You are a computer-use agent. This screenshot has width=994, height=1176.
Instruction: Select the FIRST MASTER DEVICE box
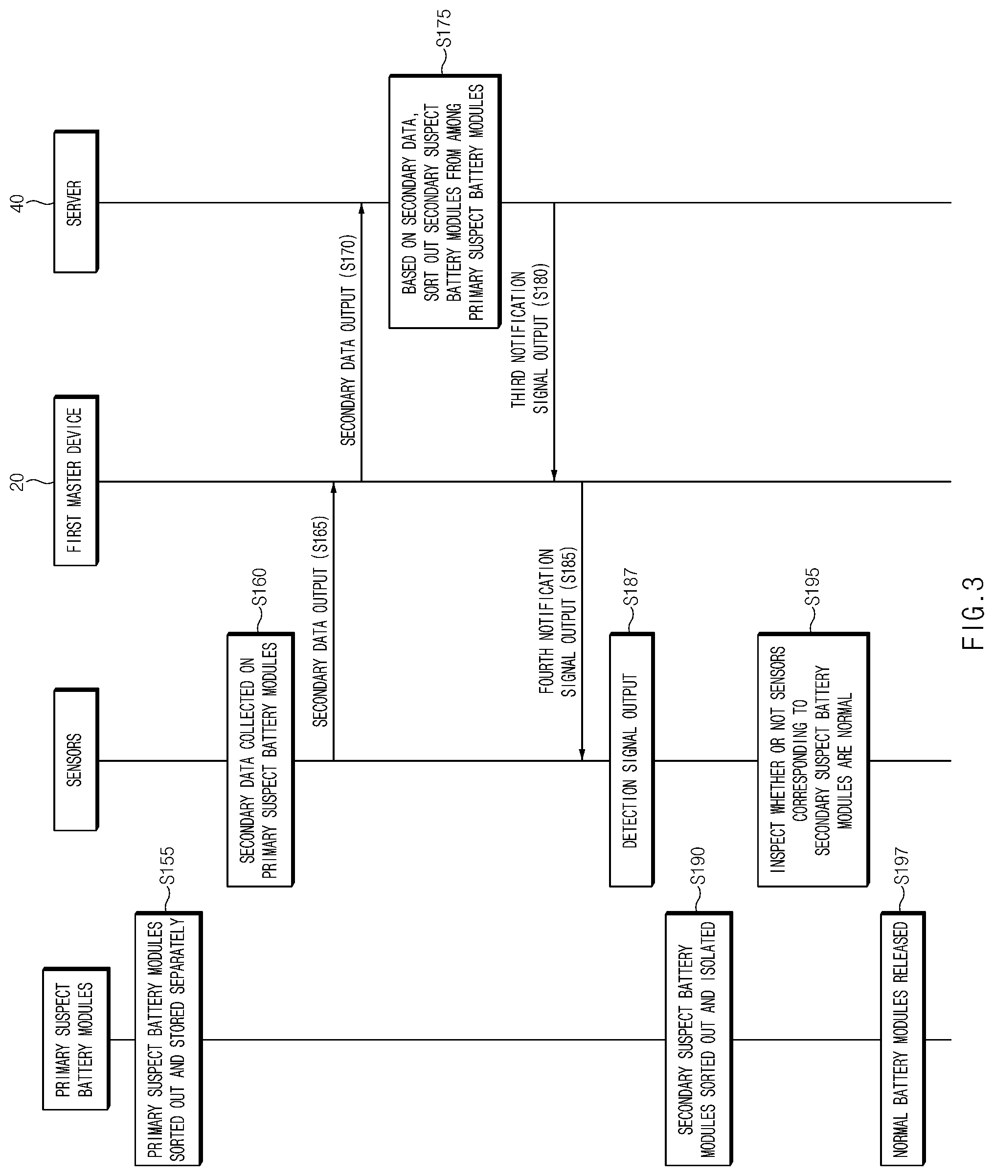pos(76,481)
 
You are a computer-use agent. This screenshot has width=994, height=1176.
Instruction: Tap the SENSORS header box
pos(76,760)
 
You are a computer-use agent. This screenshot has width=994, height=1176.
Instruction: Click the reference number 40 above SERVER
pos(18,203)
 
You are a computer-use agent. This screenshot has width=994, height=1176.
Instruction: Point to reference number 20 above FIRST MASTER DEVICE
pos(18,482)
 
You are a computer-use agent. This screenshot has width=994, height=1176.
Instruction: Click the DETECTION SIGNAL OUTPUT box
pos(632,760)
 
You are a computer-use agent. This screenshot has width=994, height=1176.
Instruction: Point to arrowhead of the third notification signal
pos(554,475)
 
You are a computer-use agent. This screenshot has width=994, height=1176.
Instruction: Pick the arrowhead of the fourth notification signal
pos(582,754)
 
